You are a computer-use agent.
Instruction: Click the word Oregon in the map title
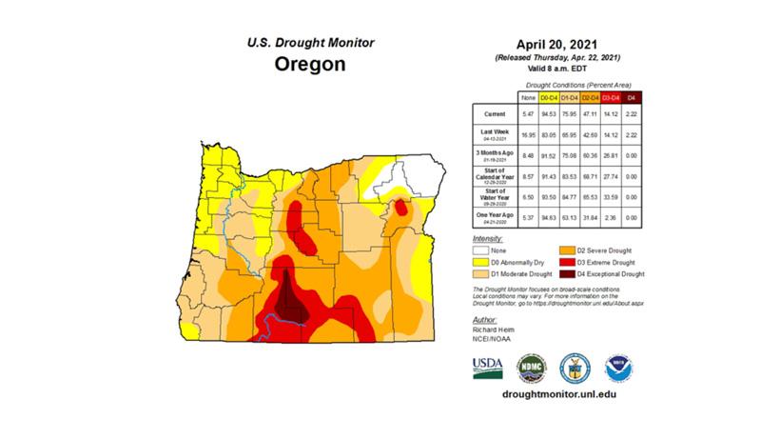[x=310, y=66]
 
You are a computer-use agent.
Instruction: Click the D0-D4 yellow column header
[x=549, y=96]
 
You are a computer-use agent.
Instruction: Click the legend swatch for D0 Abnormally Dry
[x=479, y=261]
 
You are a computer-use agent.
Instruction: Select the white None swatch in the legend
[x=479, y=249]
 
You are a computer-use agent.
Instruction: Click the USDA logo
[x=488, y=368]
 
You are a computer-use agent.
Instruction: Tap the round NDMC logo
[x=531, y=368]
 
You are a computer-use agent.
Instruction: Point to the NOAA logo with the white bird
[x=618, y=368]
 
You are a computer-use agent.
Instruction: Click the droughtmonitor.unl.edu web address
[x=552, y=394]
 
